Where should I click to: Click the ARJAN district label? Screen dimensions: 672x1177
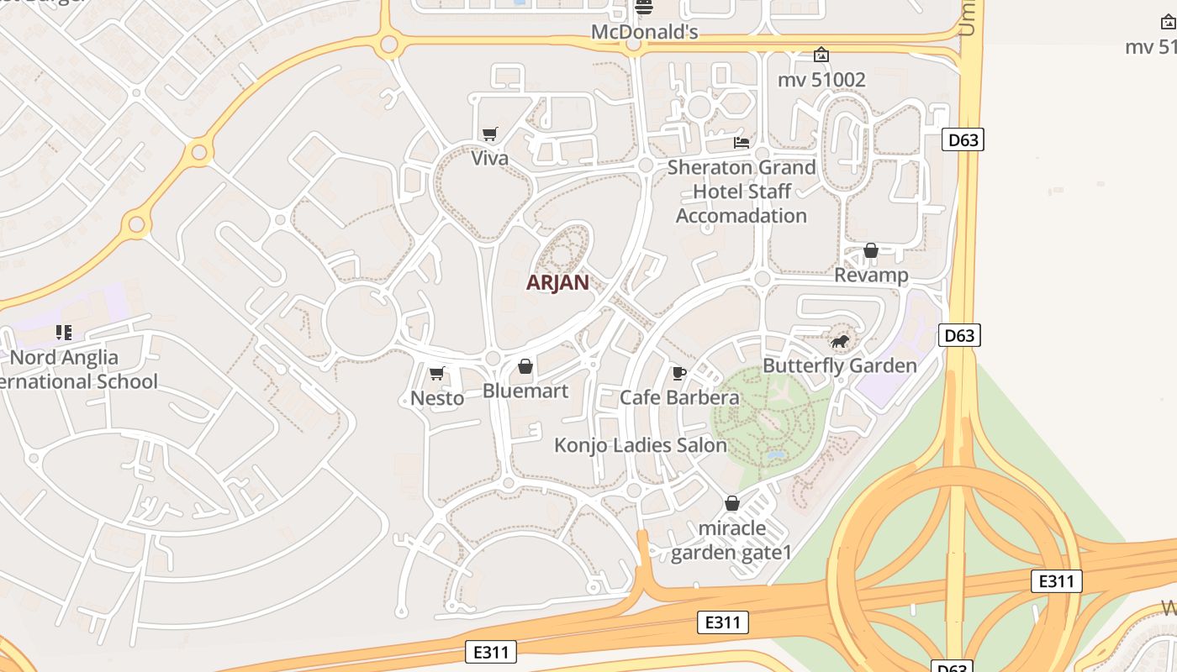pos(557,282)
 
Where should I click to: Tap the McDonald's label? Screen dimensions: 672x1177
pos(644,32)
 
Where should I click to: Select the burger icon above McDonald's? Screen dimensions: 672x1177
pos(644,8)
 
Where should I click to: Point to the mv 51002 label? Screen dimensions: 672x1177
pos(821,80)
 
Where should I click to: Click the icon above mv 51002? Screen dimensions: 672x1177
pos(821,55)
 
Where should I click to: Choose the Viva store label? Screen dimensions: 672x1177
pos(489,158)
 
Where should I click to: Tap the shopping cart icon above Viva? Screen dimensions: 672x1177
pos(489,134)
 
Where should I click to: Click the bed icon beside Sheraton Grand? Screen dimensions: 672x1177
pos(742,142)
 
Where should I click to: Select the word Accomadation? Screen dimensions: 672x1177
pos(742,216)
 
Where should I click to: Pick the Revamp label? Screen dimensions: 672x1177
pos(871,275)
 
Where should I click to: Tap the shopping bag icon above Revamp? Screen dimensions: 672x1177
pos(871,250)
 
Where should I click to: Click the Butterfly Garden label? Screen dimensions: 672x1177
pos(839,365)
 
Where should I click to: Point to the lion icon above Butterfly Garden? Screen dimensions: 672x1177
pos(839,341)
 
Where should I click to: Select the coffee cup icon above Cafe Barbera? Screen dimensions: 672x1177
pos(679,373)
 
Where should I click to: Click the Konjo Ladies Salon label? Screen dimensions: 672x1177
pos(641,445)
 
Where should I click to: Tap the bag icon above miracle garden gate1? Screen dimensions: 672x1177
pos(732,503)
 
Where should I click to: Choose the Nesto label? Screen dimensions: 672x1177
pos(437,397)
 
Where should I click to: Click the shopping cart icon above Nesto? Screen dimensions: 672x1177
pos(436,373)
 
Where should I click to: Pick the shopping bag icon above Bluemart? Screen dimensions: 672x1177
pos(525,366)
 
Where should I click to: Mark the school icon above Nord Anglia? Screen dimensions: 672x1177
pos(64,333)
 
